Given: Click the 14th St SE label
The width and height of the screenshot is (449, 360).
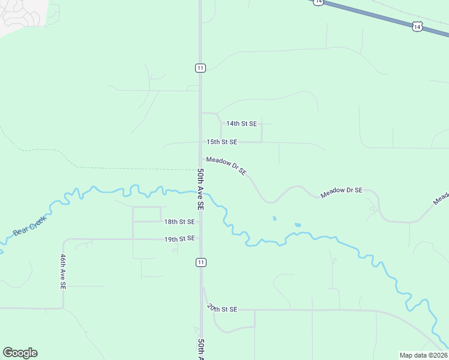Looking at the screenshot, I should tap(241, 124).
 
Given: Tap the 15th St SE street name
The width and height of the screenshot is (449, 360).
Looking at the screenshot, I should tap(222, 142).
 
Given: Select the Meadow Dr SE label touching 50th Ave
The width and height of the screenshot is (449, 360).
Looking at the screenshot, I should tap(226, 166).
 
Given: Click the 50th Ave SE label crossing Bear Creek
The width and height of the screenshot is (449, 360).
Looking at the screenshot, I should tap(201, 188).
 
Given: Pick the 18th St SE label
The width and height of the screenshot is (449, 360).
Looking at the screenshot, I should tap(180, 221).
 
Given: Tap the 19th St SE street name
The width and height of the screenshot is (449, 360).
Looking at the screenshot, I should tap(180, 239).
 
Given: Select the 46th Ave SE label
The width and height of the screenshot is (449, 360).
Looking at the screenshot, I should tap(62, 272).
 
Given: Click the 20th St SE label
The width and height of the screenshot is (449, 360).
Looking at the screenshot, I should tap(222, 308).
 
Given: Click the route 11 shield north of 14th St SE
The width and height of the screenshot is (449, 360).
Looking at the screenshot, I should tap(200, 68).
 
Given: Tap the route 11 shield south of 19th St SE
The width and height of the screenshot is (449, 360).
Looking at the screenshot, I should tap(200, 262).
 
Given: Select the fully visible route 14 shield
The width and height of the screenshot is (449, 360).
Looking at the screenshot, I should tap(418, 26).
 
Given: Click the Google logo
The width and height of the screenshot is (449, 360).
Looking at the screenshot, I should tap(20, 353).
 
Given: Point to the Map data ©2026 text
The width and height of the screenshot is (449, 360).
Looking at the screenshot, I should tap(423, 355).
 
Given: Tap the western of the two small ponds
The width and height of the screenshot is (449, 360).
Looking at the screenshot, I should tap(274, 218).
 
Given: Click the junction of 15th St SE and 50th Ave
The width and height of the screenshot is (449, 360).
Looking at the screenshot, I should tap(201, 143).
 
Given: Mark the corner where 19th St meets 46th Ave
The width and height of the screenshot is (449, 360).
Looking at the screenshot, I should tap(63, 239).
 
